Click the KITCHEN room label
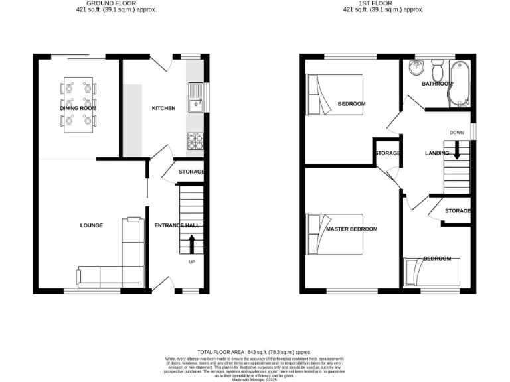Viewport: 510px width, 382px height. coord(163,108)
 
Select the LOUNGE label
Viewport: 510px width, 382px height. coord(92,225)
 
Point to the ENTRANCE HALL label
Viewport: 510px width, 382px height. coord(177,225)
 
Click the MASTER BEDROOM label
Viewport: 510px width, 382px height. coord(351,229)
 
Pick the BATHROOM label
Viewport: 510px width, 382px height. coord(438,84)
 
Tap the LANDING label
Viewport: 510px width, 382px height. coord(437,154)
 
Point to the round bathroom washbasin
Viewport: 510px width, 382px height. coord(416,68)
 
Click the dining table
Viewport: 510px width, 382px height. coord(79,103)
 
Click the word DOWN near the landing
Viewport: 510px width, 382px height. coord(457,133)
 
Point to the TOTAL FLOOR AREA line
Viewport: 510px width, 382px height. coord(254,352)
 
